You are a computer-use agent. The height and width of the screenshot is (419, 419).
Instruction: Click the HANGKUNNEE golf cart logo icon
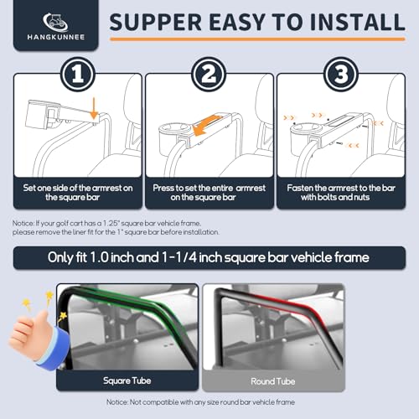point(55,22)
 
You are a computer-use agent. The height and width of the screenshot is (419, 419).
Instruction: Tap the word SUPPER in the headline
point(155,22)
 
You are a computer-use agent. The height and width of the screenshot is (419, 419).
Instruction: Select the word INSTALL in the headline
point(357,22)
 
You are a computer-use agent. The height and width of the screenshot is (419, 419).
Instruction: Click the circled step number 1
point(78,75)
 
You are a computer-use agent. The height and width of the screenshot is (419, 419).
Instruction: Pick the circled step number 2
point(209,75)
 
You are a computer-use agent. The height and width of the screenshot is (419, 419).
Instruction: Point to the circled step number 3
point(341,75)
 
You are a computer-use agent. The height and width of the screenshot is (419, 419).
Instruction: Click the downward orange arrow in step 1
point(94,108)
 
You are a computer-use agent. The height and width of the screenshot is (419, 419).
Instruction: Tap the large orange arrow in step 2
point(207,125)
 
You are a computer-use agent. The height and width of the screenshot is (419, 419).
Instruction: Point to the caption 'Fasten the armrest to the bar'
point(341,188)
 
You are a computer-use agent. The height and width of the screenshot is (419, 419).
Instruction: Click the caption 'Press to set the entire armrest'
point(209,188)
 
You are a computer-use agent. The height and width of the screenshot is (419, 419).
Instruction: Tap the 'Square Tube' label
point(127,380)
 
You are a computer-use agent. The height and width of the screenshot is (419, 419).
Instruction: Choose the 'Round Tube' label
point(273,381)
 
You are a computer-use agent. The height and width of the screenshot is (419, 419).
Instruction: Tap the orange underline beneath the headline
point(257,39)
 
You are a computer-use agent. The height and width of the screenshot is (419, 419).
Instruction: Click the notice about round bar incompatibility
point(200,402)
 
